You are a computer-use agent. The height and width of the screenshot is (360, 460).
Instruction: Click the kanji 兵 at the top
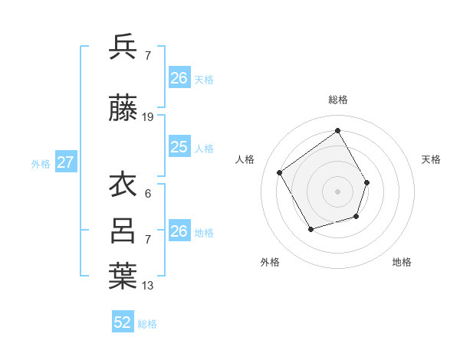click(x=123, y=47)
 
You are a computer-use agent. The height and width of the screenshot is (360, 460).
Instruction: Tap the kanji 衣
click(x=123, y=185)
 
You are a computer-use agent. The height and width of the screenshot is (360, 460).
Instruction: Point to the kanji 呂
click(x=123, y=231)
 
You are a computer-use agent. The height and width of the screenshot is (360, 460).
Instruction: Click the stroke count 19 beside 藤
click(x=148, y=117)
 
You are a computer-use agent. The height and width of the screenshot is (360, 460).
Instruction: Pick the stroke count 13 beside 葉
click(x=148, y=286)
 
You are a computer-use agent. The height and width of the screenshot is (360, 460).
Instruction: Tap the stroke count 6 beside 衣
click(x=148, y=193)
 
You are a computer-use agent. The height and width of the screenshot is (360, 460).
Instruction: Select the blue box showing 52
click(x=123, y=322)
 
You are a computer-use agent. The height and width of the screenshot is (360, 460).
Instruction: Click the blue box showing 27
click(x=66, y=162)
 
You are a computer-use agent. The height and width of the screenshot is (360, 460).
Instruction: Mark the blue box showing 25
click(x=179, y=147)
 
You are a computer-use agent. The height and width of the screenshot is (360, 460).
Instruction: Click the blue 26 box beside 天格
click(x=179, y=78)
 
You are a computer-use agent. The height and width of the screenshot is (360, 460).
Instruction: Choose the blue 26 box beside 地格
click(x=179, y=231)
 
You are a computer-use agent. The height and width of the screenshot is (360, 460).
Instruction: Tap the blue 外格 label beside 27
click(x=41, y=163)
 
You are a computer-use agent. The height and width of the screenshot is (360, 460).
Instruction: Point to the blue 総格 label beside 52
click(x=147, y=324)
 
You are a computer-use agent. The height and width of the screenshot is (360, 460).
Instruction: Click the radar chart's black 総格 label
click(x=338, y=100)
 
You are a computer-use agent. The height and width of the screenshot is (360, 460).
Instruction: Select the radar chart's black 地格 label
click(x=402, y=262)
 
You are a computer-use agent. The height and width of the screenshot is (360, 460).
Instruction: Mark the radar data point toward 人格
click(x=280, y=172)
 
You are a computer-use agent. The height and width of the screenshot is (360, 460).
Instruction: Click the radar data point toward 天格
click(x=367, y=182)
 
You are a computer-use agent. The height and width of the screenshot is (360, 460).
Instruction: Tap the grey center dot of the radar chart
click(x=337, y=191)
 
